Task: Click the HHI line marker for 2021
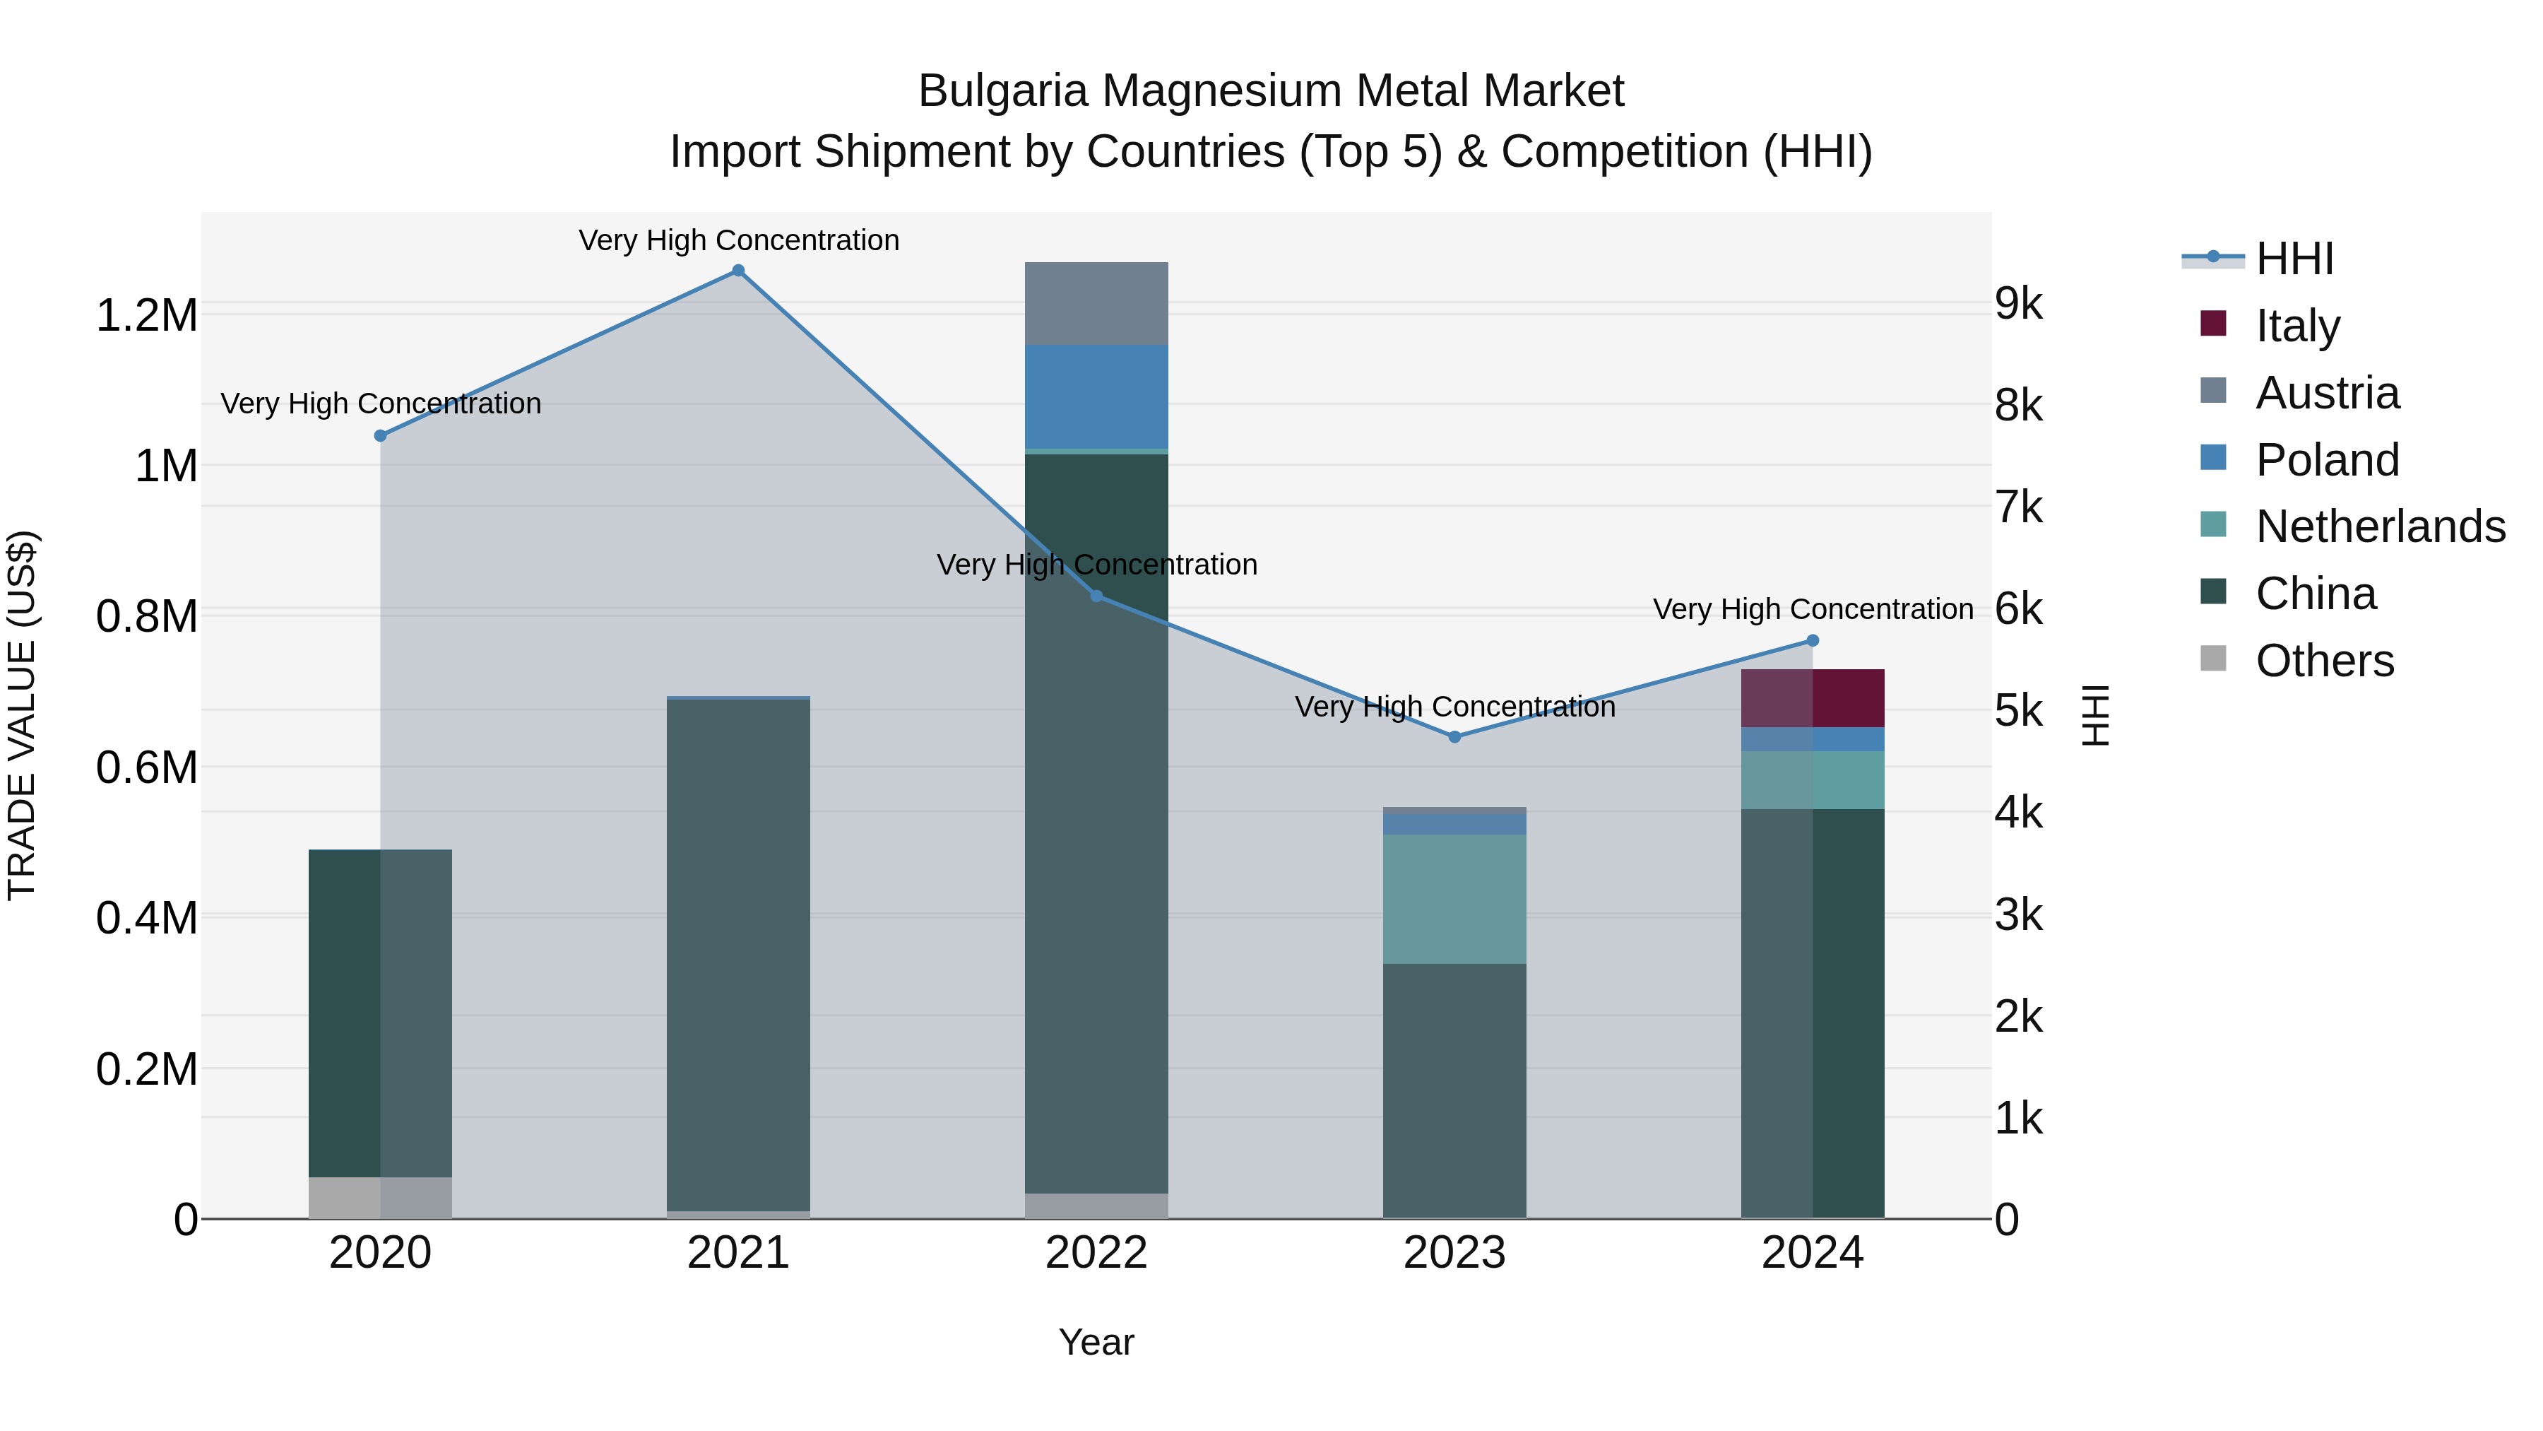click(x=738, y=271)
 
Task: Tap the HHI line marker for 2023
click(x=1454, y=737)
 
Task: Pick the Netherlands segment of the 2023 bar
click(x=1454, y=899)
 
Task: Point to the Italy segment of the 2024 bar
click(x=1813, y=698)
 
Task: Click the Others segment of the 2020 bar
click(x=380, y=1197)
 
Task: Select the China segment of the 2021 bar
click(x=738, y=954)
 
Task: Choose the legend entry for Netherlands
click(x=2380, y=526)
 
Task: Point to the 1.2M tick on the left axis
click(x=147, y=316)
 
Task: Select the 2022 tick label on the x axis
click(x=1096, y=1253)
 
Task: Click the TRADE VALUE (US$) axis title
click(x=23, y=715)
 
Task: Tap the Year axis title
click(x=1096, y=1342)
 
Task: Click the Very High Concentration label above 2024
click(x=1813, y=609)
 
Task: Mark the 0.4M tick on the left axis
click(x=147, y=917)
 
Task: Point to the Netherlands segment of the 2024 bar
click(x=1813, y=780)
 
